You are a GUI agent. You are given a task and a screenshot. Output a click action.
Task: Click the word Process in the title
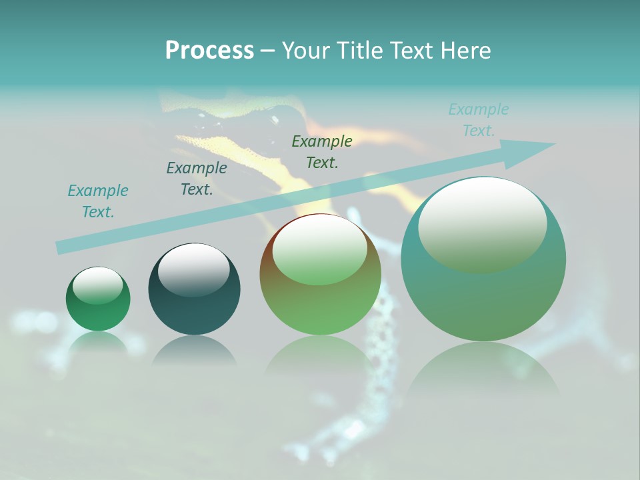point(209,51)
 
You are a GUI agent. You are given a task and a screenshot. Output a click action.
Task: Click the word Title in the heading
point(361,51)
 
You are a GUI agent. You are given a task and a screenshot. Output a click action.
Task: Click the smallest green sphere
point(98,313)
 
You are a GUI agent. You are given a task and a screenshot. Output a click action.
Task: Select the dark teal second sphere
point(194,307)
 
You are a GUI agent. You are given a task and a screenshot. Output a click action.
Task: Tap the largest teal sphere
point(483,300)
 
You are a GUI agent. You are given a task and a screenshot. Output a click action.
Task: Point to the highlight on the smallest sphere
point(97,285)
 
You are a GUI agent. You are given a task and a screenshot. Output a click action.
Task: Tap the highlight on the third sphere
point(319,249)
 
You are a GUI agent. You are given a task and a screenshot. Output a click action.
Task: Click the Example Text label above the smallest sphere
point(98,201)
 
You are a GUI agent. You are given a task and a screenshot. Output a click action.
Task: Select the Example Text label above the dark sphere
point(197,179)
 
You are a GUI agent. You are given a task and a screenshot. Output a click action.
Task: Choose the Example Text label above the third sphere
point(322,151)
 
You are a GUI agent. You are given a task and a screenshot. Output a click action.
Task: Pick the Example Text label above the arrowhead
point(479,120)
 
